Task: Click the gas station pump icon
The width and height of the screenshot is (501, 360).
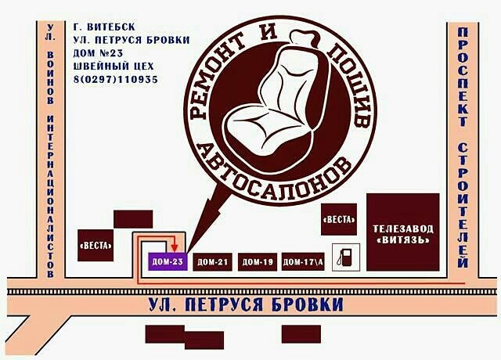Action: [x=343, y=257]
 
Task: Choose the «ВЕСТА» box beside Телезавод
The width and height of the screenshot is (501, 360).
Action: [x=339, y=219]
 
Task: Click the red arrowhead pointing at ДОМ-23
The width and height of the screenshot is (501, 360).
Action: [x=174, y=249]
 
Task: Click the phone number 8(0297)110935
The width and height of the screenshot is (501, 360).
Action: [x=115, y=80]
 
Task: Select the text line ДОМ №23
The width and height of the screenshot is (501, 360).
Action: [x=98, y=53]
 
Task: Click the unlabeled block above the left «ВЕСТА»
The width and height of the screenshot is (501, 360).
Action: [x=132, y=218]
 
